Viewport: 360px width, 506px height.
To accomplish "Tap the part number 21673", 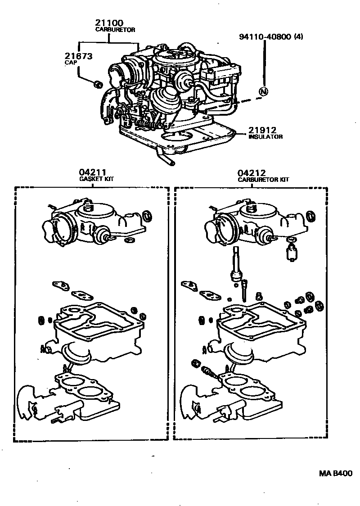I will click(79, 56).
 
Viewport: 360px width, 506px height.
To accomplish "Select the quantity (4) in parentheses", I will click(298, 37).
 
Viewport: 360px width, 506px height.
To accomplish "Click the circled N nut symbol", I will click(263, 92).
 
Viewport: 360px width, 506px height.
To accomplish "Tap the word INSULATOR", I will click(265, 137).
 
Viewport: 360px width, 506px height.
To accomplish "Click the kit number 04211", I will click(92, 172).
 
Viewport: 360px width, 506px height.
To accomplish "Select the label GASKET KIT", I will click(96, 179).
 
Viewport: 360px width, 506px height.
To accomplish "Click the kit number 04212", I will click(252, 172).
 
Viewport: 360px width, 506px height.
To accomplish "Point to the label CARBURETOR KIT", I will click(263, 179).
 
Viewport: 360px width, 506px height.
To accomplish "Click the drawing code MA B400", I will click(335, 473).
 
